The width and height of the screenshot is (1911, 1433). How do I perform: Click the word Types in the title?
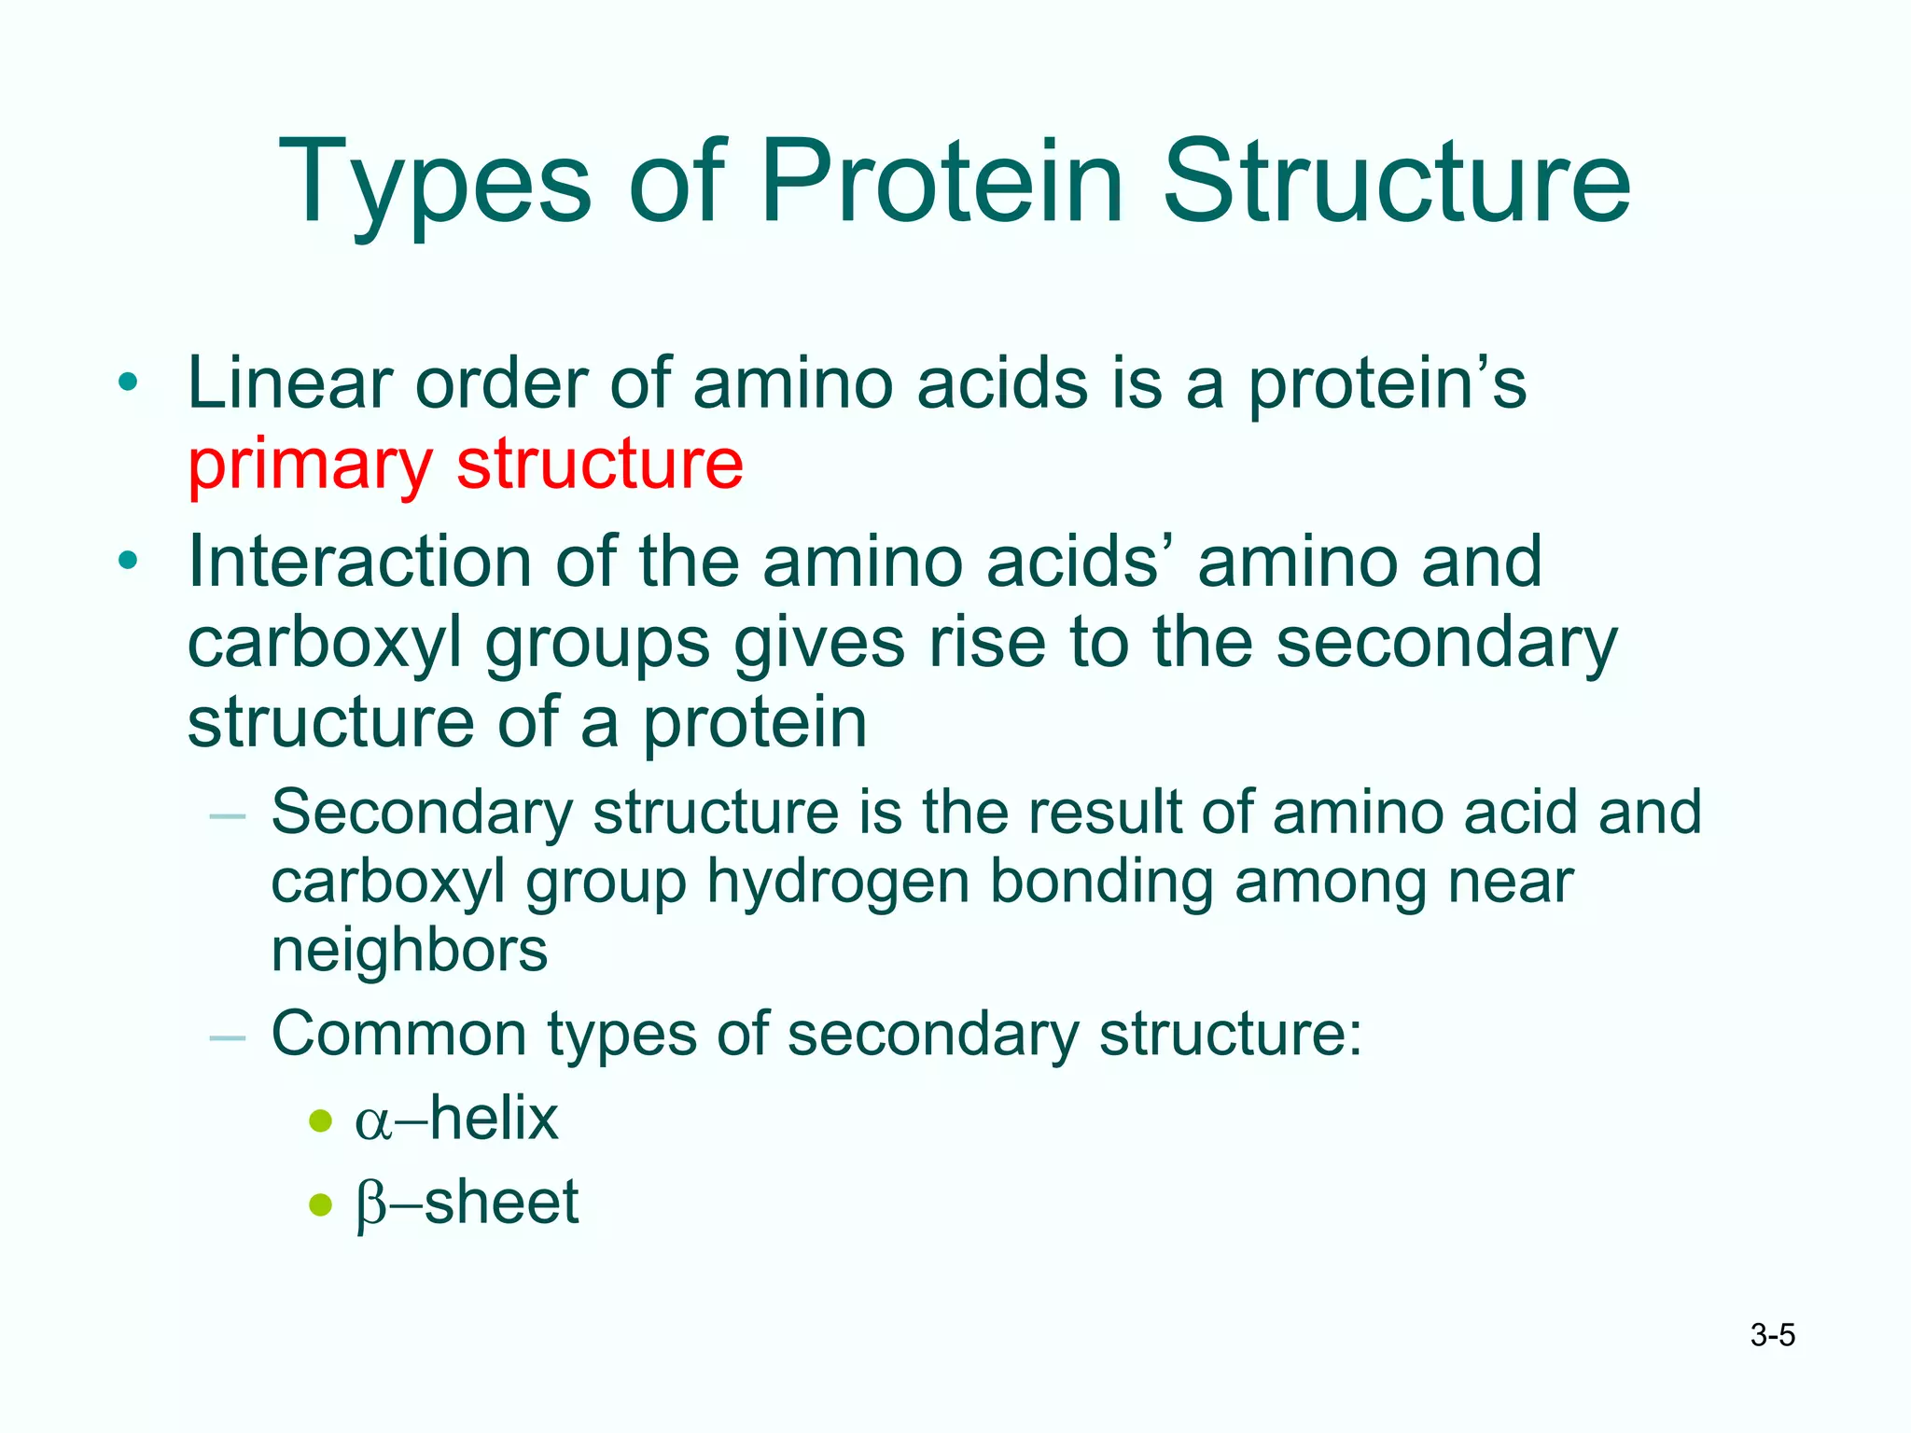point(435,183)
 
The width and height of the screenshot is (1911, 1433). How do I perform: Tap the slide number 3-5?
point(1772,1335)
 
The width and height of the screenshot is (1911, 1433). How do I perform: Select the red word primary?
point(310,466)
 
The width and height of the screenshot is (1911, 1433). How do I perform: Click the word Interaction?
point(359,562)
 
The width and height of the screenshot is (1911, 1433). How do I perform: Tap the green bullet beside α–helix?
point(320,1120)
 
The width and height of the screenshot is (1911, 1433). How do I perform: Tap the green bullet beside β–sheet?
point(320,1204)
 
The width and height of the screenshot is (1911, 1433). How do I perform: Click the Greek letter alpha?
point(372,1121)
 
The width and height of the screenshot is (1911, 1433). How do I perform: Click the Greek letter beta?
point(371,1204)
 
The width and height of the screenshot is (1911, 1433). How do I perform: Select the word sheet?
point(502,1202)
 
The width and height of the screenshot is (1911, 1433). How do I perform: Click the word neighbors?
point(409,951)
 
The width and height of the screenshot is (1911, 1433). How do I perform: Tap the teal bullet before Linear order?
point(128,382)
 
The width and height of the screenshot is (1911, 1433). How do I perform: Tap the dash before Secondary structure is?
point(228,816)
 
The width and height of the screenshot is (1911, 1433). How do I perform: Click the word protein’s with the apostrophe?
point(1387,384)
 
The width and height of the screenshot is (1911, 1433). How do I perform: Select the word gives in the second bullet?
point(818,644)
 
